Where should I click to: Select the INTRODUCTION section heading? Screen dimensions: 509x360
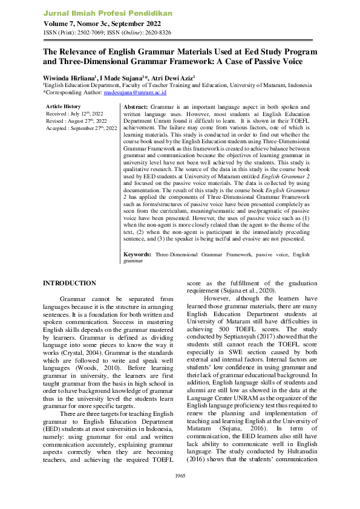[x=69, y=283]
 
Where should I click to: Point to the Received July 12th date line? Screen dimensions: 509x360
[x=75, y=113]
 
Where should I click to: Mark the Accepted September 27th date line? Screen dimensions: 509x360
[x=82, y=128]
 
